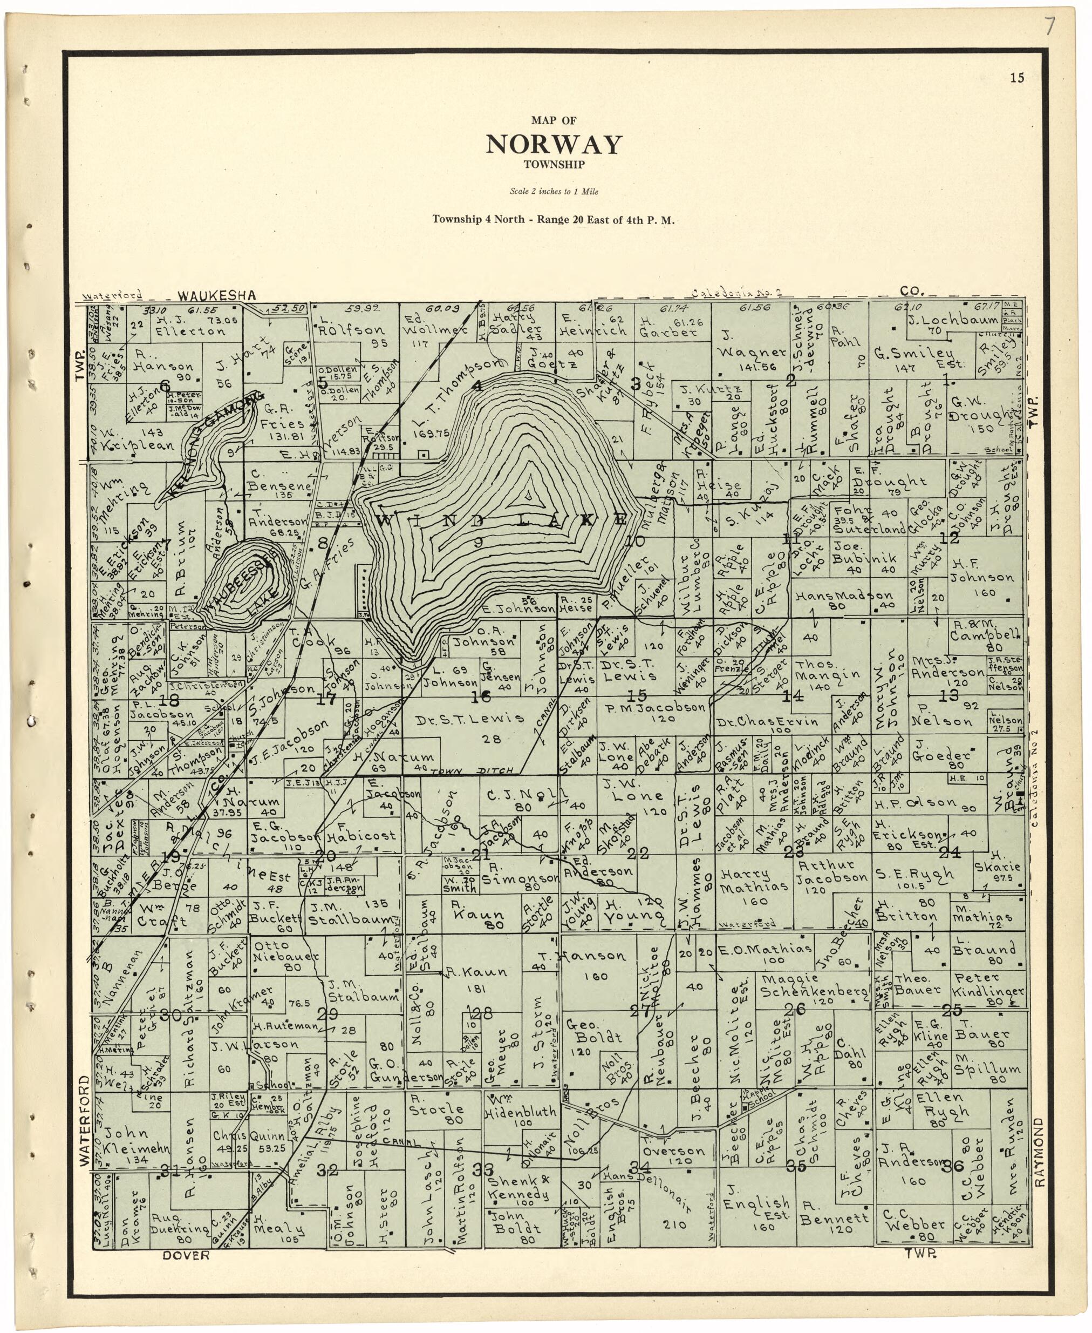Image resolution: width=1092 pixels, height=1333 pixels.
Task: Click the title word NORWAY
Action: (x=554, y=145)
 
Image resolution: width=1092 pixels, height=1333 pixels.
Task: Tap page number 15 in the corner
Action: (x=1017, y=78)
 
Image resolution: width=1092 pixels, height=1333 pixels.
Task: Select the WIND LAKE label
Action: (x=503, y=520)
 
